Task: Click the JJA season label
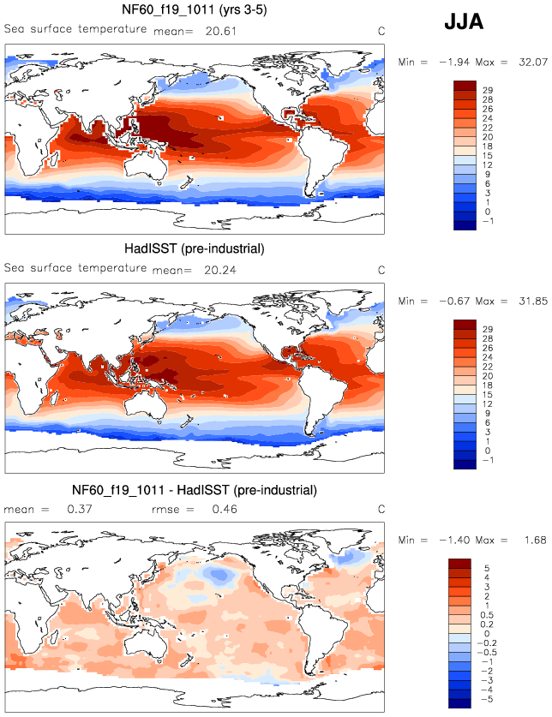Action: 464,23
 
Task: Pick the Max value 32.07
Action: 528,62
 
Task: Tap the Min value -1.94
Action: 456,62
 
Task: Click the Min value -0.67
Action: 456,301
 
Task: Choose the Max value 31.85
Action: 528,301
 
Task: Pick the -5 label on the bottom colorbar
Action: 487,700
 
